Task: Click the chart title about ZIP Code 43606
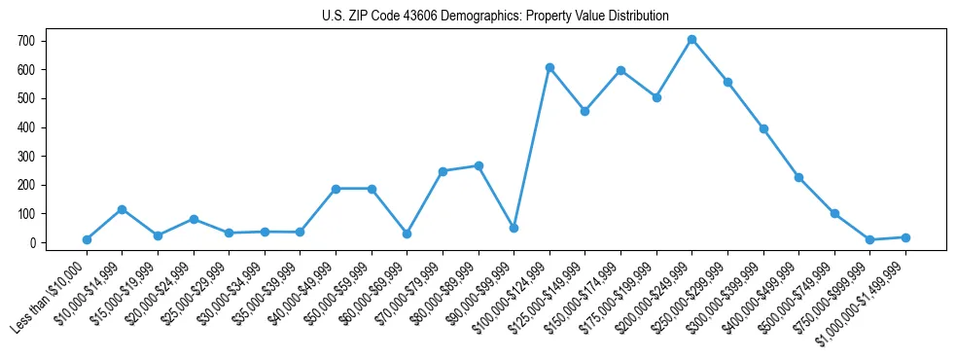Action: click(x=495, y=16)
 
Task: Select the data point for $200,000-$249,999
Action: click(x=691, y=40)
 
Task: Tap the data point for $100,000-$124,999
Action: click(x=549, y=67)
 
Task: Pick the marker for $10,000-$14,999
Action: click(x=122, y=209)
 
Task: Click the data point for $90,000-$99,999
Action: click(x=513, y=228)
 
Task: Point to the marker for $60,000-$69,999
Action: click(x=407, y=234)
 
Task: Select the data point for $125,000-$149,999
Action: click(x=584, y=111)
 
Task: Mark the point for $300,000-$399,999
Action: click(x=763, y=128)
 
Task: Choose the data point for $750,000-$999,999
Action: click(x=869, y=239)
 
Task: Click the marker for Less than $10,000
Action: click(x=87, y=239)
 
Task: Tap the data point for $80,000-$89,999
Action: click(x=478, y=165)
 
